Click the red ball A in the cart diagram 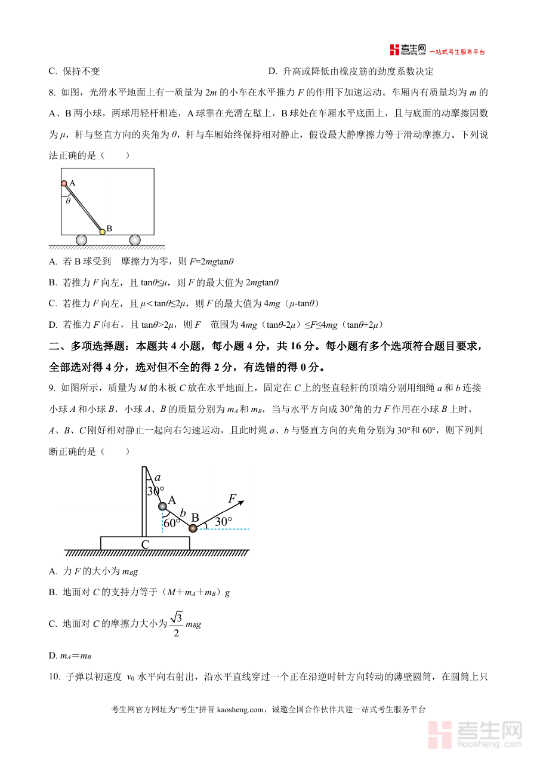[64, 183]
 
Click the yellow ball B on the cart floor [102, 231]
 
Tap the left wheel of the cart [81, 240]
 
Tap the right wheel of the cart [135, 240]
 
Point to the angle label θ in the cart [68, 201]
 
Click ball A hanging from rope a [162, 507]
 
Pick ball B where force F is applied [193, 528]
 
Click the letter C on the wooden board [145, 544]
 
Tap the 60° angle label [172, 523]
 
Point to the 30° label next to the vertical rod [156, 491]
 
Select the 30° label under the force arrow [223, 521]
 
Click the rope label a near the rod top [158, 478]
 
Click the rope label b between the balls [183, 512]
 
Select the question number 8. [53, 93]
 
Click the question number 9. [53, 387]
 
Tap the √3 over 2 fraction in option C [176, 624]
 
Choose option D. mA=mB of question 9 [70, 656]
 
